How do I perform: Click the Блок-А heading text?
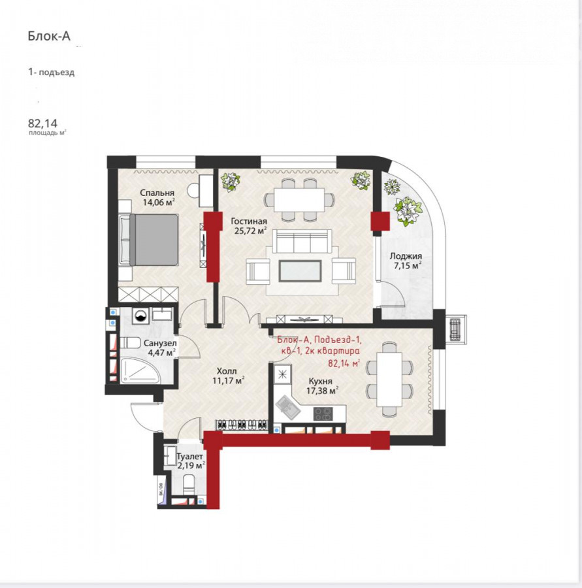49,36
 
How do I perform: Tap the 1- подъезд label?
52,72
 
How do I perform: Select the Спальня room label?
157,193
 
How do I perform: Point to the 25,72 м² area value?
250,231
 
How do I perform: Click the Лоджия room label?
406,256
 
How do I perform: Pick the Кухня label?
320,381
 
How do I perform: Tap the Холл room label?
227,371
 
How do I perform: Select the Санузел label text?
160,343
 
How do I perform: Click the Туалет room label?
189,457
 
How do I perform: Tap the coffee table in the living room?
300,270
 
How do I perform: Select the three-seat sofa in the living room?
302,241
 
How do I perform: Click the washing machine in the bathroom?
140,316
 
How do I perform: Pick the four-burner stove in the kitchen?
323,414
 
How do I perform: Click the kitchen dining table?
389,379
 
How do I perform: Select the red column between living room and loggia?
380,221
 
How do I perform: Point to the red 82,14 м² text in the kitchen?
344,363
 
